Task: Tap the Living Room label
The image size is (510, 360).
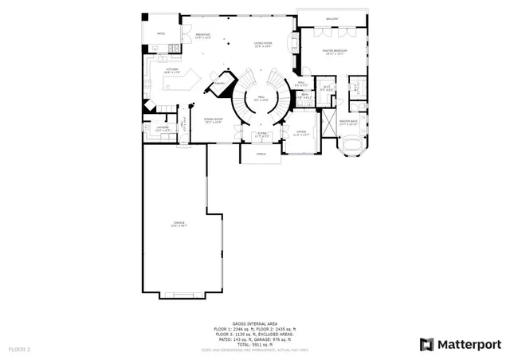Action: click(x=263, y=45)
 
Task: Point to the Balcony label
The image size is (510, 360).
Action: click(x=331, y=19)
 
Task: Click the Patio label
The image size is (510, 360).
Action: click(x=161, y=33)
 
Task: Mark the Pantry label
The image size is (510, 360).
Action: click(x=220, y=83)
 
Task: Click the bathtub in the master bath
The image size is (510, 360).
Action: click(x=350, y=144)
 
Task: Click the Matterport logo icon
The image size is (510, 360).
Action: click(x=427, y=344)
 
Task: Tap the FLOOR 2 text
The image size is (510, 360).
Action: click(x=20, y=349)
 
